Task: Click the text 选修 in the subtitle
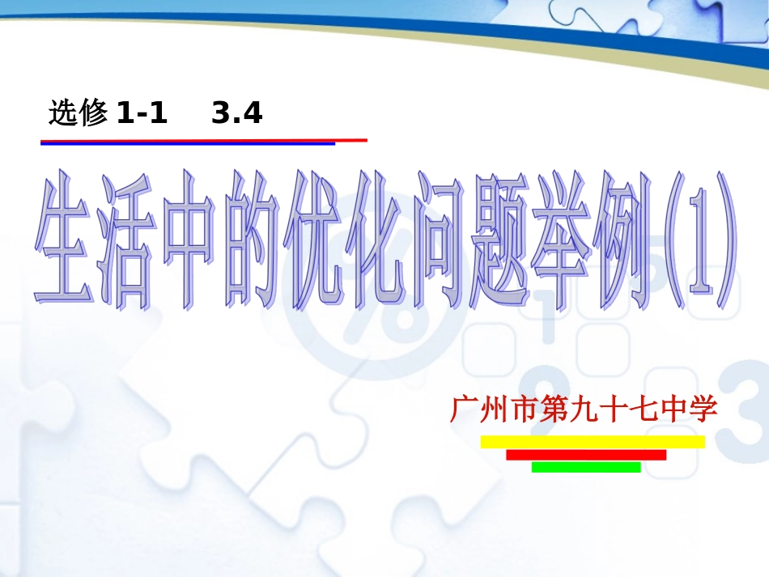(x=79, y=114)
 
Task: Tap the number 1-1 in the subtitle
(x=142, y=114)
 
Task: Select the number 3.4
(x=237, y=114)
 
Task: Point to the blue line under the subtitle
(x=186, y=144)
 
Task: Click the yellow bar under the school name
(x=593, y=442)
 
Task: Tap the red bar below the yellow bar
(x=586, y=455)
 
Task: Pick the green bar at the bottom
(x=586, y=467)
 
